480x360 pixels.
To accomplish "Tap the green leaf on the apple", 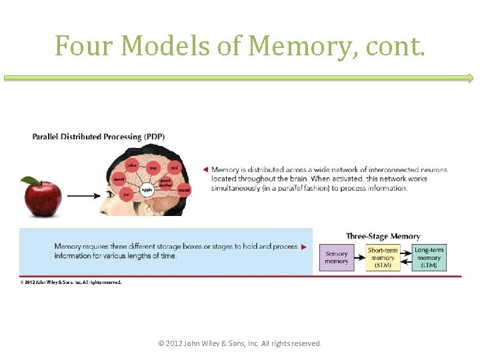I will coord(30,181).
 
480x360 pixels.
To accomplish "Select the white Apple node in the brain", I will coord(147,189).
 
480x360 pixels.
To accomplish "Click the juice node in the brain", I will coord(132,165).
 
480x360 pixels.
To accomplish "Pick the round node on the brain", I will coord(183,190).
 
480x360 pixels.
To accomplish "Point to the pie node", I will coord(126,195).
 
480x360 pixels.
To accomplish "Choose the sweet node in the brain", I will coord(119,179).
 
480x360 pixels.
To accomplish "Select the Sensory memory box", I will coord(336,257).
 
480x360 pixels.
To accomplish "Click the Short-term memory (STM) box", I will coord(383,257).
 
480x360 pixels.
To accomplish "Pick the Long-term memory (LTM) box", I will coord(429,257).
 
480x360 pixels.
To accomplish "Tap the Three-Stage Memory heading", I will coord(383,236).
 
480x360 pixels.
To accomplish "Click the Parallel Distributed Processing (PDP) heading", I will coord(99,137).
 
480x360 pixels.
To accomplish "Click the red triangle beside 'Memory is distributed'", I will coord(206,169).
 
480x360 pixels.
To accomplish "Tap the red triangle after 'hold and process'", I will coord(304,247).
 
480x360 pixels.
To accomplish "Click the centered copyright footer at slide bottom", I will coord(239,343).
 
